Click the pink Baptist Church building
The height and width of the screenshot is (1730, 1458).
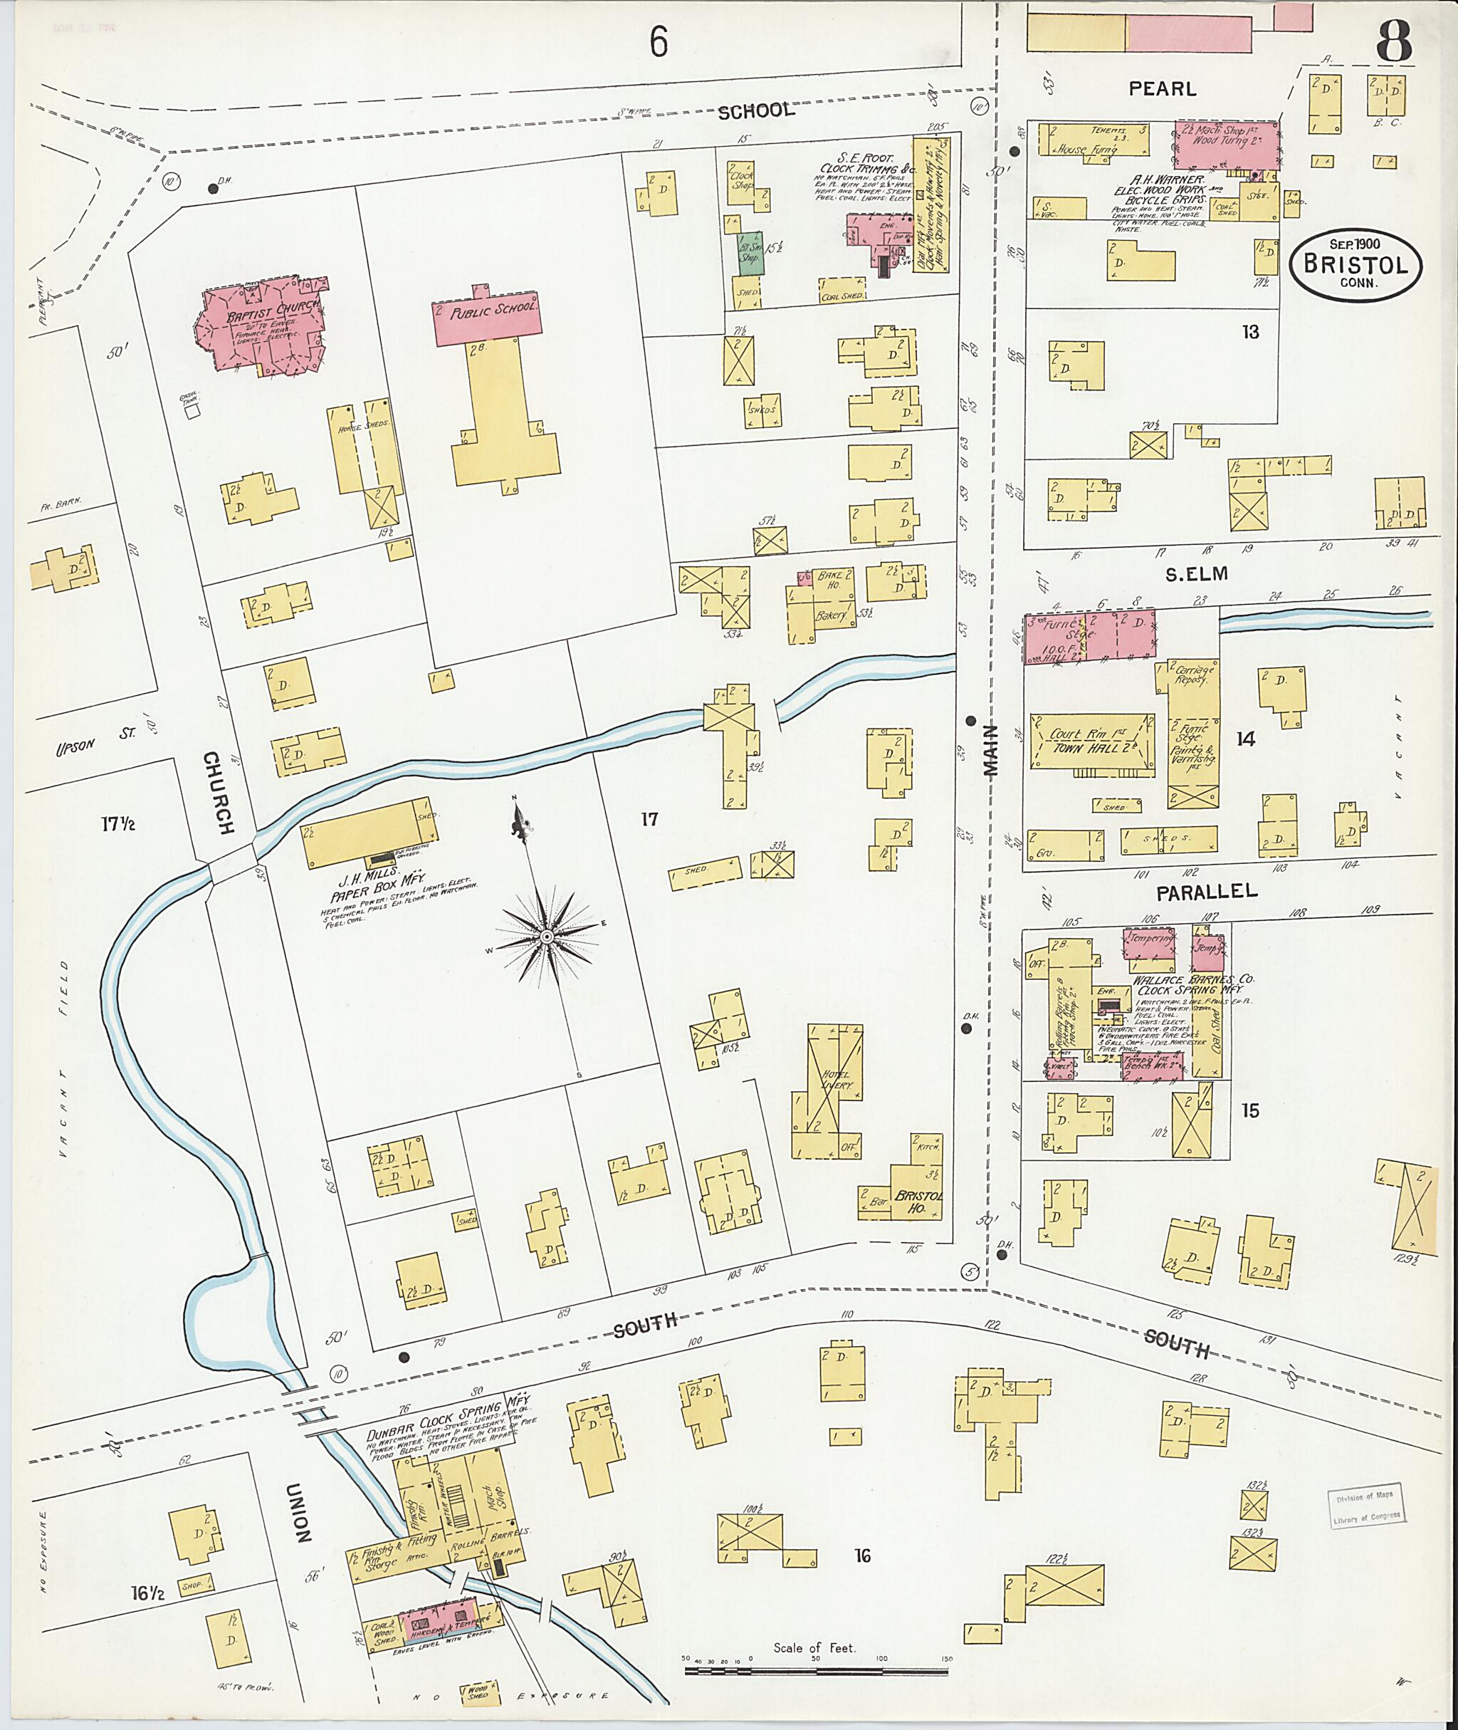pyautogui.click(x=263, y=328)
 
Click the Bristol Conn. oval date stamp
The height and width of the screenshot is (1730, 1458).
pyautogui.click(x=1355, y=264)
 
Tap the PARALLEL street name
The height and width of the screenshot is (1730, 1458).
pyautogui.click(x=1207, y=892)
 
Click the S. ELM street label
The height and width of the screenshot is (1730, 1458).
pyautogui.click(x=1196, y=574)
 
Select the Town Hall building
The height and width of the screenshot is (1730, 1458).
pyautogui.click(x=1091, y=741)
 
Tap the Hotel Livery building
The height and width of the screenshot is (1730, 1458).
pyautogui.click(x=827, y=1090)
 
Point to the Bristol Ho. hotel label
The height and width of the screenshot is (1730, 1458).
pyautogui.click(x=918, y=1203)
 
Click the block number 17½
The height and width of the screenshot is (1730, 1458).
pyautogui.click(x=118, y=823)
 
